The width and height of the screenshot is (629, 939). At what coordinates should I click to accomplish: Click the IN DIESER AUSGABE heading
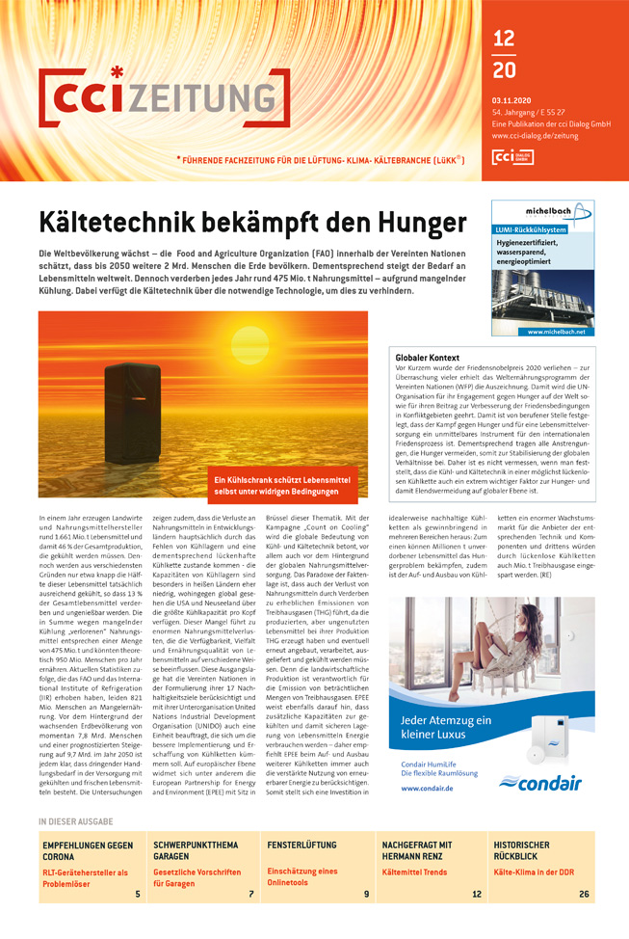click(75, 821)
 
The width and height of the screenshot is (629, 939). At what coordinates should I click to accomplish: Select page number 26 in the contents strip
click(584, 894)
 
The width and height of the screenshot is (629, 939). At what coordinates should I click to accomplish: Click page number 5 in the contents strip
click(137, 894)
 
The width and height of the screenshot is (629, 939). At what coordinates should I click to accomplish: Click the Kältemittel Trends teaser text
click(414, 872)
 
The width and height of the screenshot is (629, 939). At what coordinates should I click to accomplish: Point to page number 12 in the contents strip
click(476, 894)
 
